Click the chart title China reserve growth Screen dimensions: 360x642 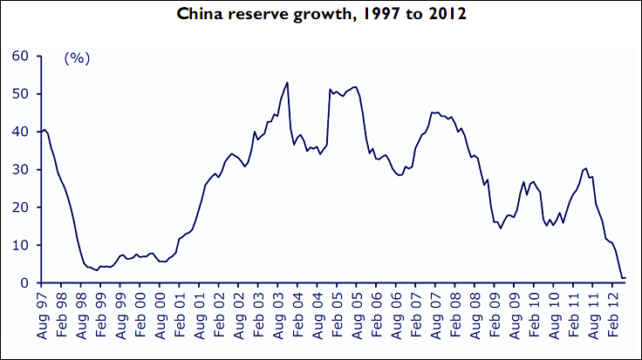tap(321, 14)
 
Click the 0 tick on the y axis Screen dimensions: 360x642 tap(25, 283)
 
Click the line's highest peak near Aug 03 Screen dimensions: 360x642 tap(288, 83)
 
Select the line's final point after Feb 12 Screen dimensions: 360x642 tap(625, 278)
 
